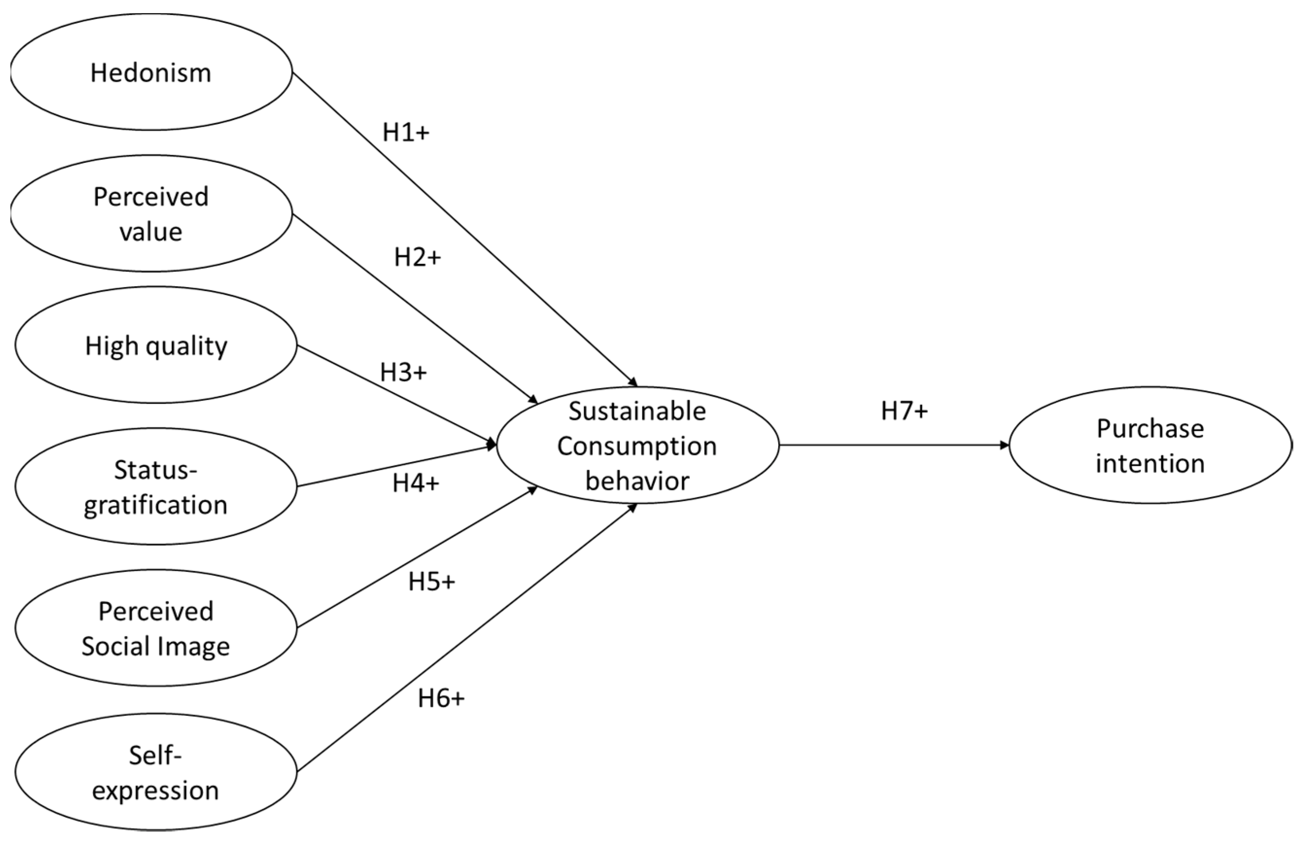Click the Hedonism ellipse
[x=151, y=73]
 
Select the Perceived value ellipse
[x=151, y=213]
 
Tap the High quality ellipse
[x=156, y=345]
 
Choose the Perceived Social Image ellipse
[x=156, y=628]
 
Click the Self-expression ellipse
[x=156, y=772]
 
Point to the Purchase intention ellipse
[x=1150, y=446]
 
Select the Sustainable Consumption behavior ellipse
[x=637, y=446]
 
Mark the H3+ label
[x=403, y=373]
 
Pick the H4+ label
[x=416, y=483]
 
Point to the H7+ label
[x=905, y=411]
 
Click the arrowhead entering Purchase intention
[x=1004, y=446]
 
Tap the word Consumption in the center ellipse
[x=637, y=446]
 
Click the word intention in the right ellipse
[x=1150, y=464]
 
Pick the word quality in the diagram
[x=186, y=346]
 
